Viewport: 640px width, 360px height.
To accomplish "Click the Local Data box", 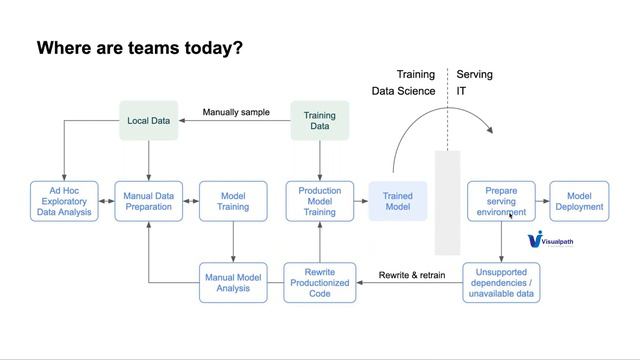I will [149, 121].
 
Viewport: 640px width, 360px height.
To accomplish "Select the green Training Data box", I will [319, 121].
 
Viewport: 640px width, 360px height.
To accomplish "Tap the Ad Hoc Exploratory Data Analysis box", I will [64, 200].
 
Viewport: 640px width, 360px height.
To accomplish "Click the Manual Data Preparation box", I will [149, 200].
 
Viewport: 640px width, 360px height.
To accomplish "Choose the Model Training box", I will [233, 200].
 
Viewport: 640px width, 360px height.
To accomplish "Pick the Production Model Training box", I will [319, 200].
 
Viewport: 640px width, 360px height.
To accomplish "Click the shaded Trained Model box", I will [398, 200].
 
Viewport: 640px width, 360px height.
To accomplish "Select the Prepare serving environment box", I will [501, 200].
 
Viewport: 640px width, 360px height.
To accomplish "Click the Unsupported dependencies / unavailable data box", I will [501, 282].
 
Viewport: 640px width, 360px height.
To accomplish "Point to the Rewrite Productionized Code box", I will [319, 282].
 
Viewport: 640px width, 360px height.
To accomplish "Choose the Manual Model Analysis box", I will [233, 282].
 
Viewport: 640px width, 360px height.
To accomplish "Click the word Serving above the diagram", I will [474, 75].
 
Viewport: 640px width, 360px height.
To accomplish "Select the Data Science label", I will [403, 91].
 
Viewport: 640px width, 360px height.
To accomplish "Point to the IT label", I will [462, 91].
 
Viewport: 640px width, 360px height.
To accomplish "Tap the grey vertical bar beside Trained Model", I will [447, 203].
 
